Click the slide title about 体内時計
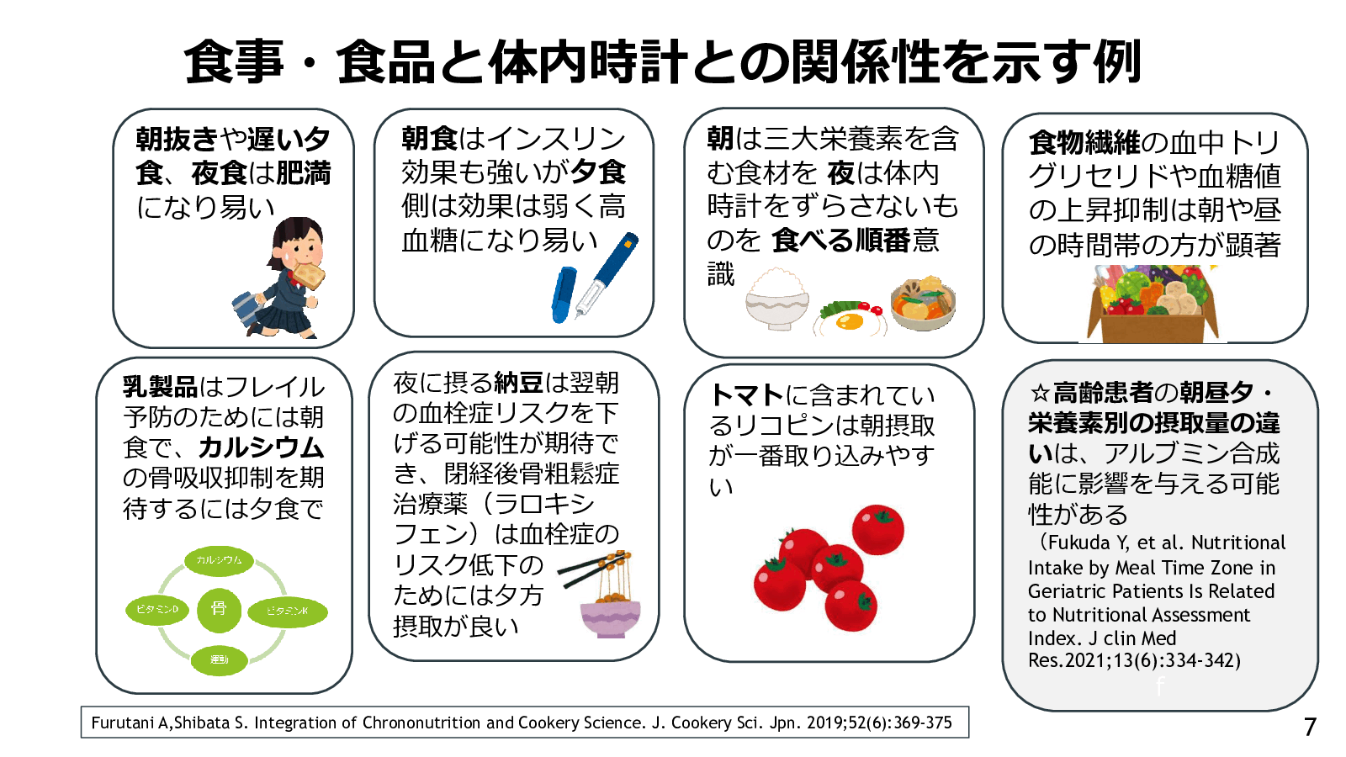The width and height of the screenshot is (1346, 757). [662, 62]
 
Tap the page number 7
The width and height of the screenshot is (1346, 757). [1310, 727]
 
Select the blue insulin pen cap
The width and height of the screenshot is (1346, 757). [562, 294]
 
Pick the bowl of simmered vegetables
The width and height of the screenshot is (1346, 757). [924, 304]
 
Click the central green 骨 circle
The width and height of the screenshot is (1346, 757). [219, 609]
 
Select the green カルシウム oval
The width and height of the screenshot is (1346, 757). [219, 560]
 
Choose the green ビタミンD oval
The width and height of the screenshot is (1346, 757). [157, 609]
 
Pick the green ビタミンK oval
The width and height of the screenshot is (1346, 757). [287, 611]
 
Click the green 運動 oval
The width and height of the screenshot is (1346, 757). [220, 659]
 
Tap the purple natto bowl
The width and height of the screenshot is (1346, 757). [611, 618]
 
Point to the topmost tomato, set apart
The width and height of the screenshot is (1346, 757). [877, 529]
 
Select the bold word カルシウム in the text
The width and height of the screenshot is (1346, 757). [262, 447]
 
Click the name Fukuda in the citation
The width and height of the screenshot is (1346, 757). [1078, 543]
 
